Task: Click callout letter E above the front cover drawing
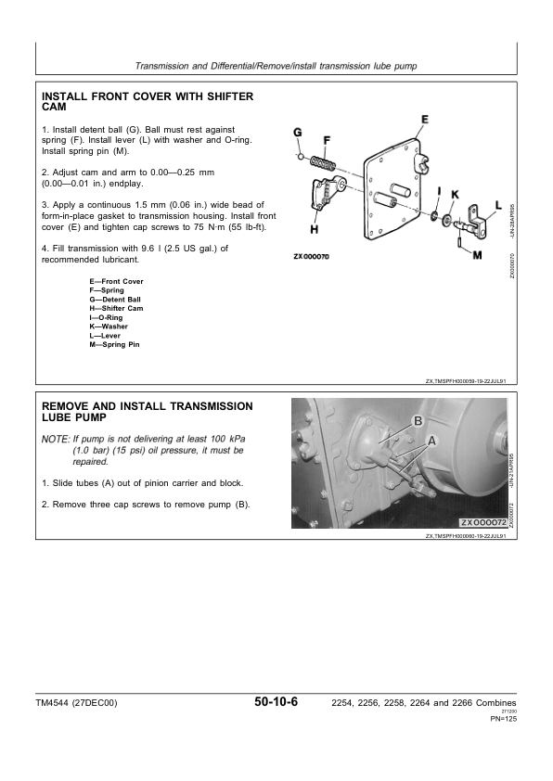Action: point(424,120)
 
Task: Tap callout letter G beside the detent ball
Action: point(298,133)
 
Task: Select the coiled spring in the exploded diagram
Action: point(324,163)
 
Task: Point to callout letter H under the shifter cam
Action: point(315,230)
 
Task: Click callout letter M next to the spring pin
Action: point(477,255)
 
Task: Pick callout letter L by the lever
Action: point(498,205)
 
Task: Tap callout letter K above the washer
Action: point(455,195)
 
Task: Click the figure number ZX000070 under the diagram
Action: point(311,257)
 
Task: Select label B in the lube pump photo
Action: point(418,421)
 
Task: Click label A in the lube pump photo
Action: point(431,441)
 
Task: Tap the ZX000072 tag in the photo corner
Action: point(482,522)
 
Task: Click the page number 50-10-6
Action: point(276,702)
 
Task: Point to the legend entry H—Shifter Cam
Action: point(116,308)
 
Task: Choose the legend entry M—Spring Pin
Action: point(114,345)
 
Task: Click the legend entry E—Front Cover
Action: point(117,281)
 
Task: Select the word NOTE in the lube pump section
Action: point(56,440)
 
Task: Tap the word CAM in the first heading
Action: point(54,107)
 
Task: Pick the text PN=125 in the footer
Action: point(504,719)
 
